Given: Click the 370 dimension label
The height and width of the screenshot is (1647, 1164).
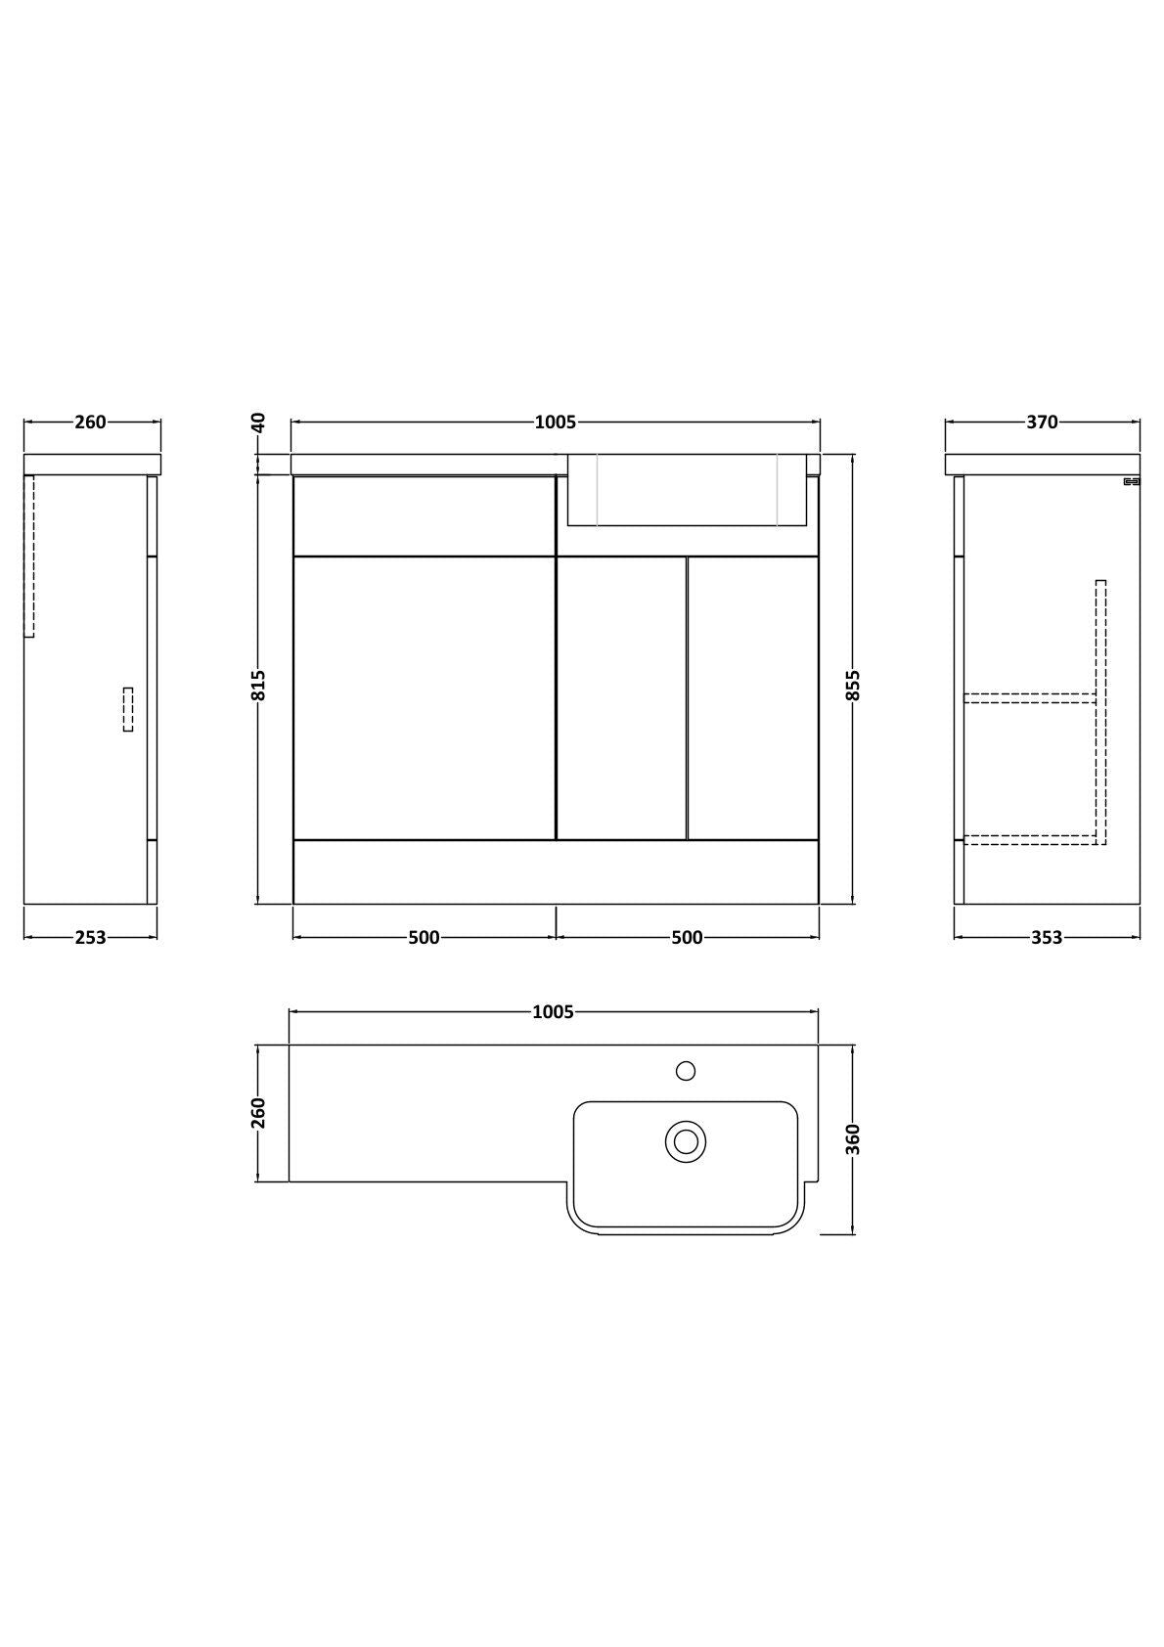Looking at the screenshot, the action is coord(1042,423).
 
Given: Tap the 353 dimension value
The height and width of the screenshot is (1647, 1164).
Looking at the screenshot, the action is coord(1047,938).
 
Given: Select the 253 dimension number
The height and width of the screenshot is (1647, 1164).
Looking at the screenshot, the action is coord(90,938).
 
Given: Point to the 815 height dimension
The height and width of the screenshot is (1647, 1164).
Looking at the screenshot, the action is coord(258,686).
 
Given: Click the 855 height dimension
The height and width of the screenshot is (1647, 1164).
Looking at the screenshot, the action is coord(853,686).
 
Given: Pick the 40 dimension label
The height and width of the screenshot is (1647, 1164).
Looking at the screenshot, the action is coord(258,423).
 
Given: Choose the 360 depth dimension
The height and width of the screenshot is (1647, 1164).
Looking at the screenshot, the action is coord(853,1139).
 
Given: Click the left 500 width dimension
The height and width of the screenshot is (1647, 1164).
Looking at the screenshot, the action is coord(424,938).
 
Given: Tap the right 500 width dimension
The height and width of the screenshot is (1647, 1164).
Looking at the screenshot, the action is coord(687,938).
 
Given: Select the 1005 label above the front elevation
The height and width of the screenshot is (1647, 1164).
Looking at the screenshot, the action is coord(556,423).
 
